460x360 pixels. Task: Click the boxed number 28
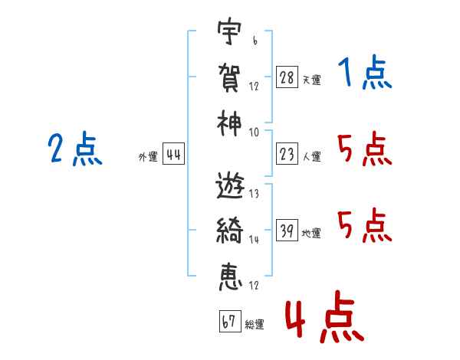pyautogui.click(x=286, y=77)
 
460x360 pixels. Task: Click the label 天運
pyautogui.click(x=311, y=80)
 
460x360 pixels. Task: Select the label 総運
pyautogui.click(x=255, y=324)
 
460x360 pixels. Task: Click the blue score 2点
pyautogui.click(x=74, y=149)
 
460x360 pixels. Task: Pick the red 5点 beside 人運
pyautogui.click(x=364, y=149)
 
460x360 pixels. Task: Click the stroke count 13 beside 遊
pyautogui.click(x=254, y=195)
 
